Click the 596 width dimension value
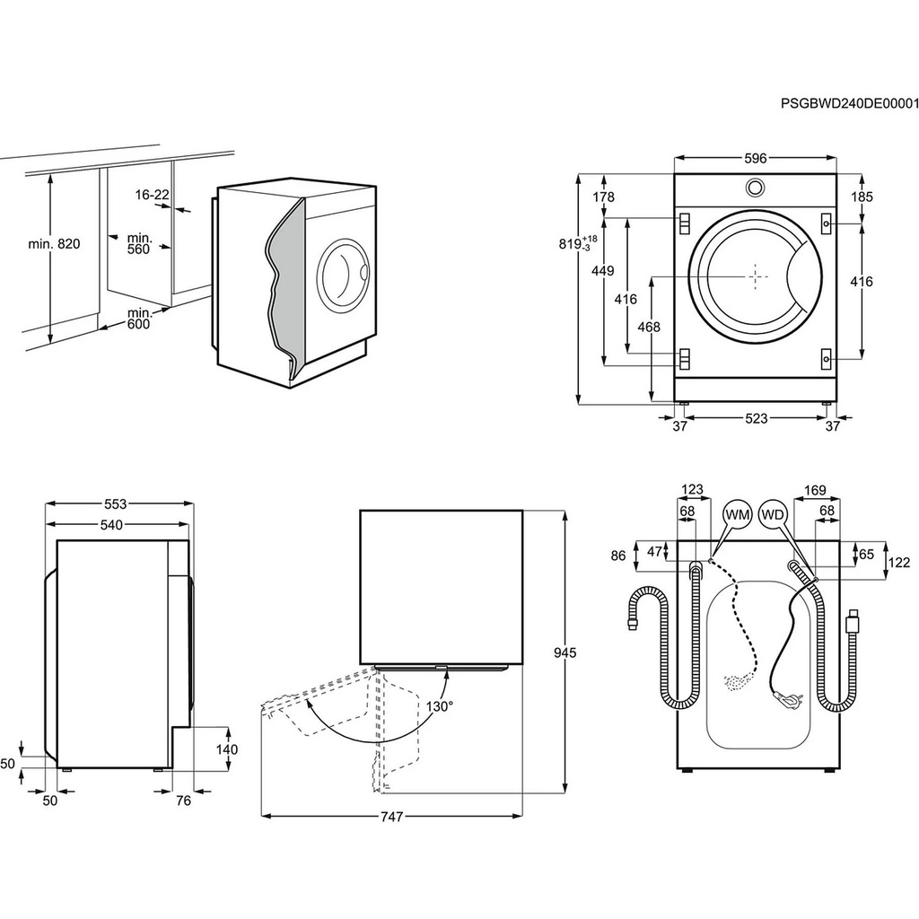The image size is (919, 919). pyautogui.click(x=755, y=159)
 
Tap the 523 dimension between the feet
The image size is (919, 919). pyautogui.click(x=756, y=418)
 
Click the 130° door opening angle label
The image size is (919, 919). pyautogui.click(x=440, y=705)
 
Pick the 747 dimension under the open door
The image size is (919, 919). pyautogui.click(x=390, y=817)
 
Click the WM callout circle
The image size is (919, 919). pyautogui.click(x=738, y=515)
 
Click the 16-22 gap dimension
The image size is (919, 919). pyautogui.click(x=153, y=195)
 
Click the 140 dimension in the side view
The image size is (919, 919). pyautogui.click(x=227, y=749)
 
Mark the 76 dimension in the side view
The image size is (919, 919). pyautogui.click(x=183, y=801)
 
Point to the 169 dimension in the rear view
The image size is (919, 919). pyautogui.click(x=815, y=490)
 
